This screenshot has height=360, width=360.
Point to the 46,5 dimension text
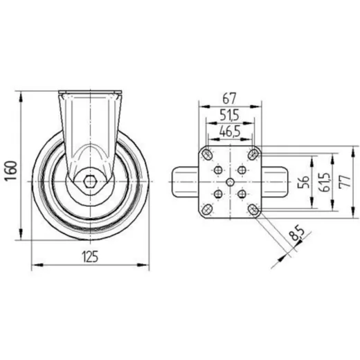[x=230, y=130]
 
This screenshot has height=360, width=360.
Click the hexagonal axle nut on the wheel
[x=89, y=182]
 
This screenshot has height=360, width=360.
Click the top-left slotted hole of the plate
[x=207, y=153]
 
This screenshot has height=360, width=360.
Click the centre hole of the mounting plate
[x=230, y=181]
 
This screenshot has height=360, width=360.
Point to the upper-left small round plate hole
[x=219, y=170]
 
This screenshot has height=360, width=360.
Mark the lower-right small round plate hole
[x=242, y=194]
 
